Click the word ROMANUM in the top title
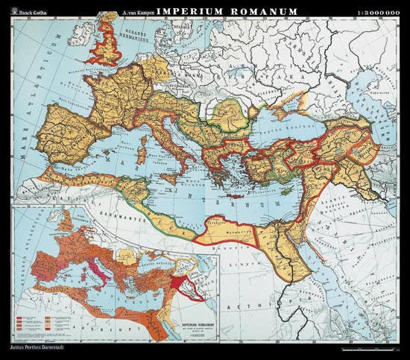coord(256,11)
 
